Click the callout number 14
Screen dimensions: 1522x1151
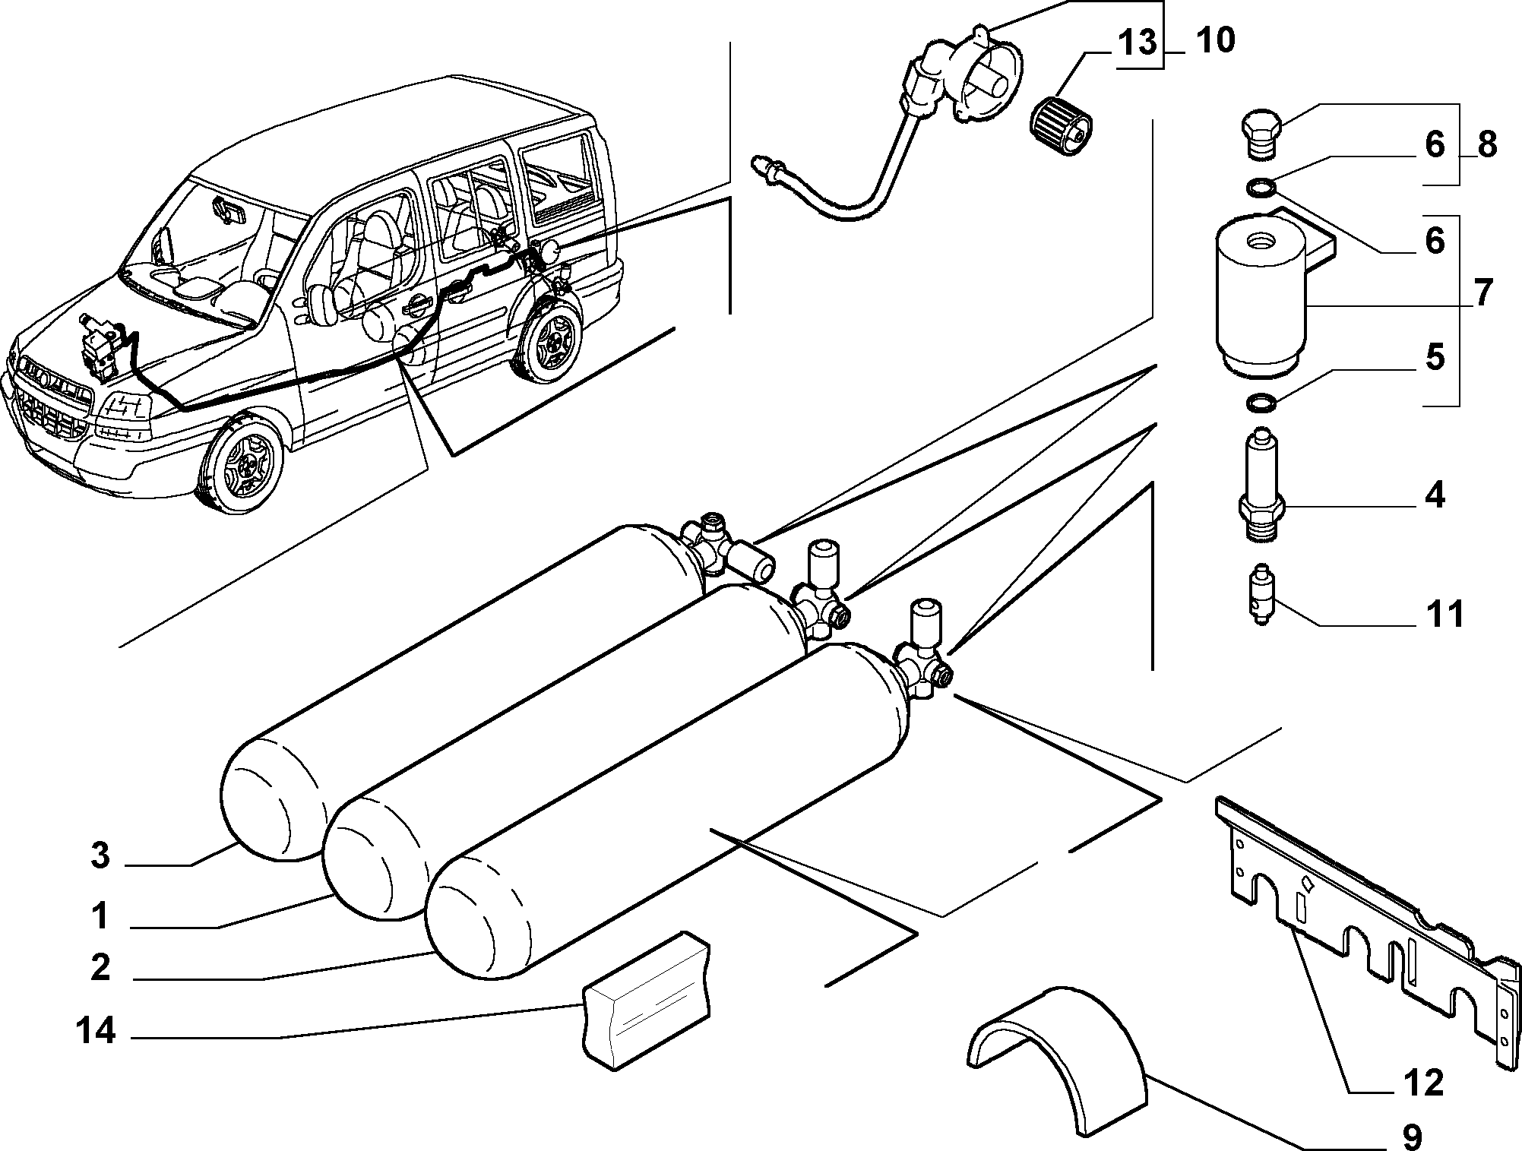coord(96,1031)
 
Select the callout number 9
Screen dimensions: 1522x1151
coord(1411,1136)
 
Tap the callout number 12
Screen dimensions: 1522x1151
coord(1422,1083)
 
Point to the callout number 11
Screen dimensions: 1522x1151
coord(1444,614)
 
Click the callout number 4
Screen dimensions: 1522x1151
coord(1435,495)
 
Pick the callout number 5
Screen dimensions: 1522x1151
coord(1435,357)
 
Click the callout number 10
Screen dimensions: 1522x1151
coord(1215,40)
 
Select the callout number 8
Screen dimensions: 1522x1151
coord(1487,144)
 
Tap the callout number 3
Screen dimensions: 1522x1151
coord(100,856)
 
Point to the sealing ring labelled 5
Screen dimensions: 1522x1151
coord(1261,402)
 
